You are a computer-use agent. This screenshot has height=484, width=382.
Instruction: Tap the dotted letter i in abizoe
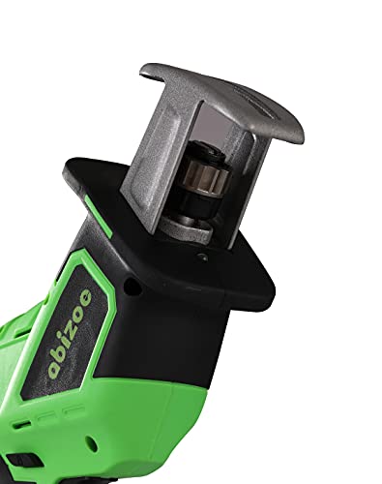(65, 343)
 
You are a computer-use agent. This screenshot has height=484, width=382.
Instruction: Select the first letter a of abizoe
(54, 371)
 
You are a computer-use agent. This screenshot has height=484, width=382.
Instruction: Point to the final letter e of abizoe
(84, 296)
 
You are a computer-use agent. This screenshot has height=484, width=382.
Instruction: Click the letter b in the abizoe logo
(60, 355)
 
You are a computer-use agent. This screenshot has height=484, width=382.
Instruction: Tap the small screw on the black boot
(202, 257)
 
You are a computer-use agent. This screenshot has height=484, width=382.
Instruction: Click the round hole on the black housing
(131, 285)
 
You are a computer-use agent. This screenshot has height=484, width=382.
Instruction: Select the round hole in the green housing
(91, 444)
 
